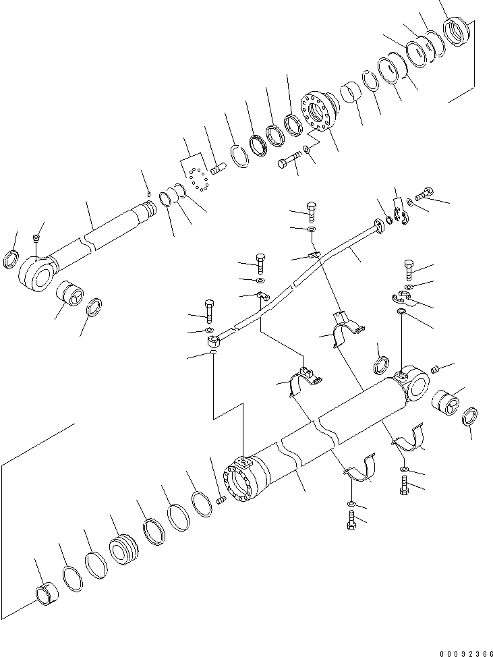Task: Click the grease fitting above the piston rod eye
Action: point(38,237)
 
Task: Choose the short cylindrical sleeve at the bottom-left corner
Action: point(47,594)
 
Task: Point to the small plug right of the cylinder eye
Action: point(435,368)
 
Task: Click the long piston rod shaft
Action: point(108,229)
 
